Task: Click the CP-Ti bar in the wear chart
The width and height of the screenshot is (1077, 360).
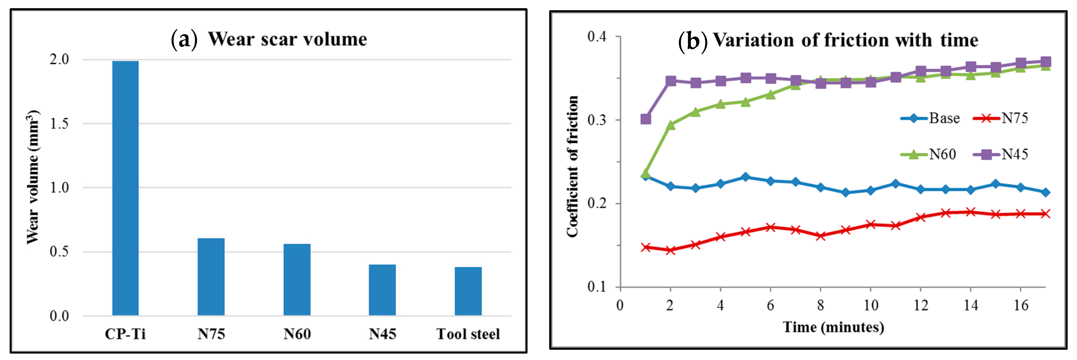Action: coord(125,188)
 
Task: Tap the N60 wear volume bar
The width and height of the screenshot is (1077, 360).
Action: coord(297,279)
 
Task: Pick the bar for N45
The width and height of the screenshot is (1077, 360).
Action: coord(382,290)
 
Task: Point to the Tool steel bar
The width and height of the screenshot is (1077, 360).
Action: coord(468,291)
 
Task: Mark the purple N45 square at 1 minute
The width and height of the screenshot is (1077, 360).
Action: coord(645,119)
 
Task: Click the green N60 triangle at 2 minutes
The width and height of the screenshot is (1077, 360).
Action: coord(671,125)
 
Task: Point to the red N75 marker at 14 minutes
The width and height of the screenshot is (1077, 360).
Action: coord(970,212)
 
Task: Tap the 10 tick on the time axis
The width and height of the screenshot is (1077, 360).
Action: coord(870,306)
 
